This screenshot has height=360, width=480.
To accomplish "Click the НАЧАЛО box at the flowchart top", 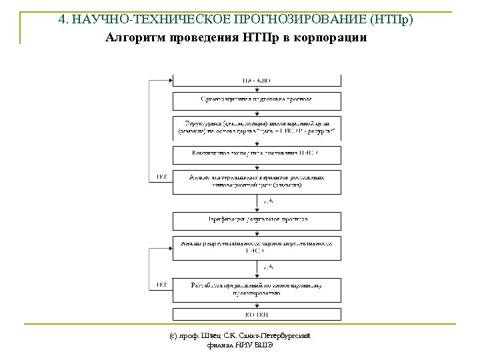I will tap(257, 81).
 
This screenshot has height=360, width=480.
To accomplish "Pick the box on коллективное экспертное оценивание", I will tap(257, 155).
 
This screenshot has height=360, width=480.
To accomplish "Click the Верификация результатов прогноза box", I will tap(257, 219).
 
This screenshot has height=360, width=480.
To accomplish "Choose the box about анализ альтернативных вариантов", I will tap(257, 181).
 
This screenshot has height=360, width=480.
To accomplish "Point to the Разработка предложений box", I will tap(257, 289).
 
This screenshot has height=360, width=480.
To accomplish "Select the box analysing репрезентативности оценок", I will tap(257, 247).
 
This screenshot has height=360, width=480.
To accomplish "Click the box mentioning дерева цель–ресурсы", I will tap(257, 127).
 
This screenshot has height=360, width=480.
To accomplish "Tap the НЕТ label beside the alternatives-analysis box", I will tap(161, 177).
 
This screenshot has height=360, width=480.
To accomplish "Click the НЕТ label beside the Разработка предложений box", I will tap(161, 285).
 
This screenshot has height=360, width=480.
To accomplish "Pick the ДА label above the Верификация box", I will tap(267, 201).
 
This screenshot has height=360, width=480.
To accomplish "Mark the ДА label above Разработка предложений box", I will tap(267, 267).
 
